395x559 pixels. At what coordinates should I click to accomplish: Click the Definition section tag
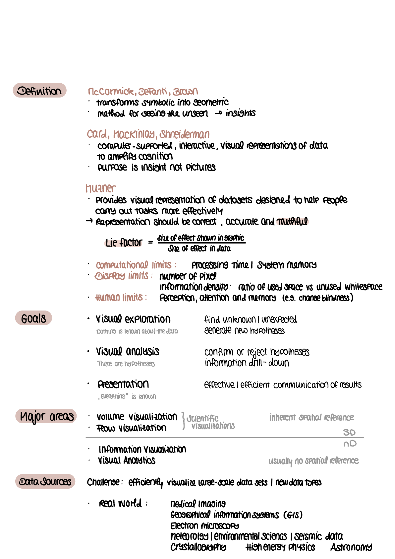pos(40,91)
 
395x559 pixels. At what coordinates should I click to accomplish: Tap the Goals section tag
pos(33,318)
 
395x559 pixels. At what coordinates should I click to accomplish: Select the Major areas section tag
pos(46,416)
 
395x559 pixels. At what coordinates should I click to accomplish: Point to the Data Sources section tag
pos(45,482)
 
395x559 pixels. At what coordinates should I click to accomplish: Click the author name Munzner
pos(100,188)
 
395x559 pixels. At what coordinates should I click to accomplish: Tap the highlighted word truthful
pos(292,222)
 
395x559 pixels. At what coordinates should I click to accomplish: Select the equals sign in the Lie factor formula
pos(150,243)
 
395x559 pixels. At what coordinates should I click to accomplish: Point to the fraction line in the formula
pos(201,243)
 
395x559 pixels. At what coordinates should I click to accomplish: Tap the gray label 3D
pos(349,432)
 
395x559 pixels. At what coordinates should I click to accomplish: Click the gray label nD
pos(350,444)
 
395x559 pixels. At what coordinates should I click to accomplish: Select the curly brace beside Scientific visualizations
pos(183,421)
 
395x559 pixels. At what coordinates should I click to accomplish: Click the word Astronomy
pos(351,547)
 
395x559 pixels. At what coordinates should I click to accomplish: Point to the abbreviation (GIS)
pos(293,515)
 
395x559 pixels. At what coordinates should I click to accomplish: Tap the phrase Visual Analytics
pos(127,460)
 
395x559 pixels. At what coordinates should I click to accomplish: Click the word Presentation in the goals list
pos(123,384)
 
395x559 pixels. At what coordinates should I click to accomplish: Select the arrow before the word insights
pos(218,113)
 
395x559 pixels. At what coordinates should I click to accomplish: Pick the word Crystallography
pos(198,547)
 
